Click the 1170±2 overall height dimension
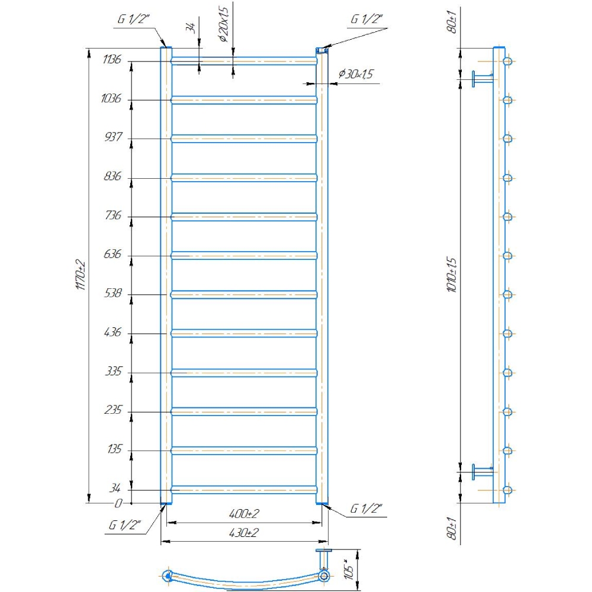click(x=81, y=275)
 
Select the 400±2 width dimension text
click(x=244, y=513)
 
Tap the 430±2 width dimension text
click(x=244, y=533)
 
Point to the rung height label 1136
click(x=112, y=59)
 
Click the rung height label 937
click(x=113, y=137)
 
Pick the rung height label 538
click(x=113, y=292)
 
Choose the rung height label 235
click(x=113, y=410)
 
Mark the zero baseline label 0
click(x=118, y=503)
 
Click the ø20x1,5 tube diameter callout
click(x=223, y=24)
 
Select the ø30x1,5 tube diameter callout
click(x=356, y=73)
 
